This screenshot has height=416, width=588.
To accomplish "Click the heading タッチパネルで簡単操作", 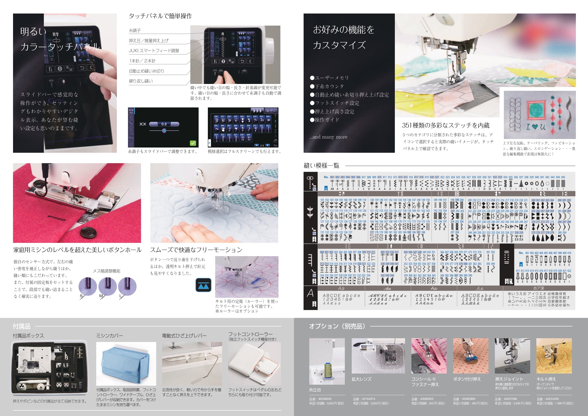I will [x=160, y=16].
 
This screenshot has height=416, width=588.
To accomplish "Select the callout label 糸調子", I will [x=135, y=31].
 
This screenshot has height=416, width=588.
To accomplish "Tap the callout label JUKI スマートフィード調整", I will [x=154, y=51].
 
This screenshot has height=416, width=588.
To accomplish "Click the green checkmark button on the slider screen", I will [x=193, y=143].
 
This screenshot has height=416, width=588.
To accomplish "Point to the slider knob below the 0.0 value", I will [x=164, y=130].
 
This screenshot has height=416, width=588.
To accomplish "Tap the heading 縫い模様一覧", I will [x=321, y=166].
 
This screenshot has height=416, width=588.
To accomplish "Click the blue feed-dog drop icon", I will [x=203, y=285].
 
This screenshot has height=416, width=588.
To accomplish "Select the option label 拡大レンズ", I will [x=361, y=379].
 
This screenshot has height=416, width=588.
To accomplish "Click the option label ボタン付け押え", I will [x=467, y=379].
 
